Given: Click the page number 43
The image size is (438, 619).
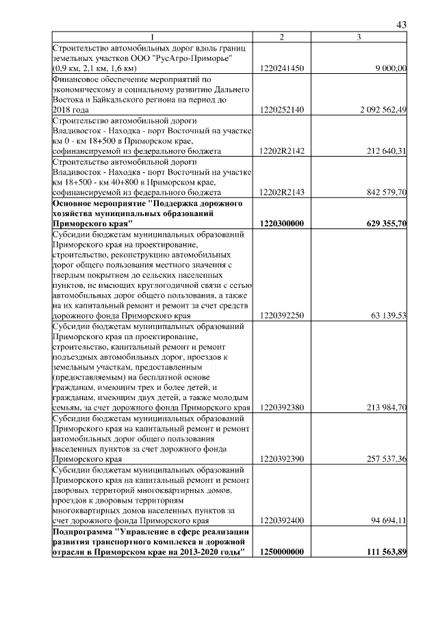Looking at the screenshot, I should [402, 25].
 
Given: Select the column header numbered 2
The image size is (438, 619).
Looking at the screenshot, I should [282, 38].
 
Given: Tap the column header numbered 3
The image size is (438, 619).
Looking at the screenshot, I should [359, 38].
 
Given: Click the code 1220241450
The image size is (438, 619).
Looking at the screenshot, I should [282, 68].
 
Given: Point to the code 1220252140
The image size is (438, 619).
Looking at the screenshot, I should [282, 109].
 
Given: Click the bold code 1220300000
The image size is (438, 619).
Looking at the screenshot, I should [282, 223].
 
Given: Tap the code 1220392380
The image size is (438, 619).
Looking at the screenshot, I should [282, 408].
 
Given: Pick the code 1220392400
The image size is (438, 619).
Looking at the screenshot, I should [282, 521].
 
